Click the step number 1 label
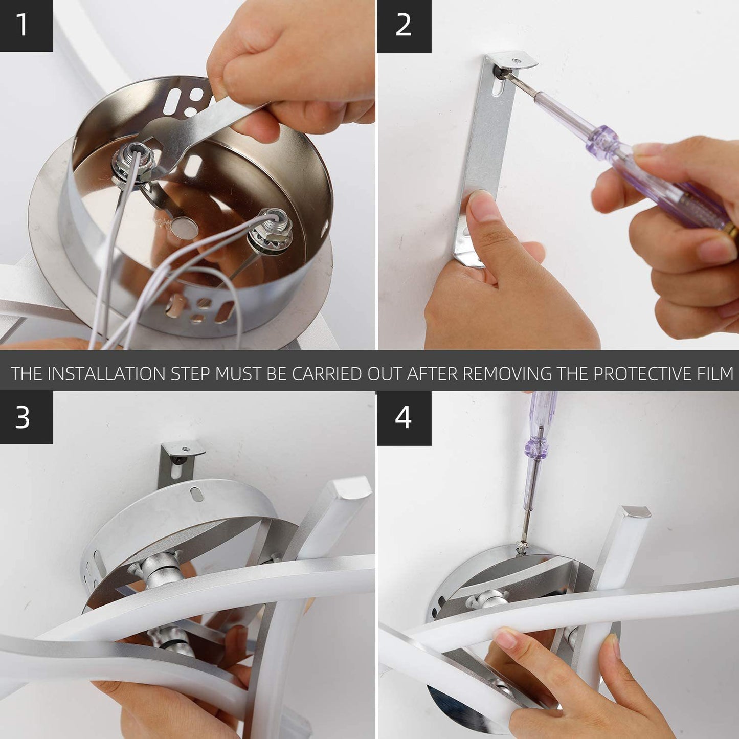click(23, 25)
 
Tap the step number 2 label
click(403, 25)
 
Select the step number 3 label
click(22, 417)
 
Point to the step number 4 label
click(403, 417)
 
